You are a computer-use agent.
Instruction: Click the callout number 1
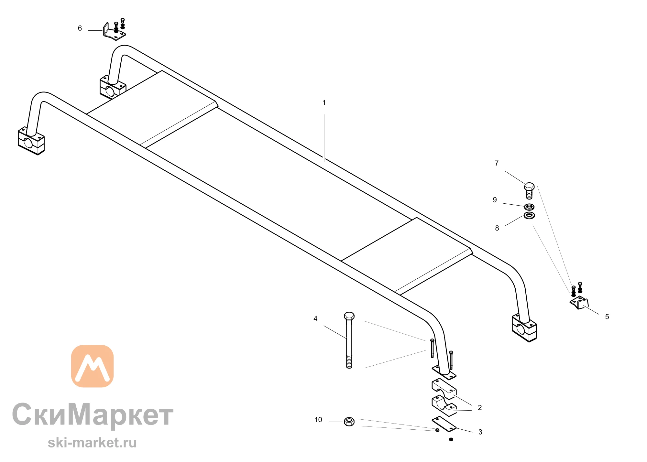324,103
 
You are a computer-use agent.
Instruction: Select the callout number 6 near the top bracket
80,28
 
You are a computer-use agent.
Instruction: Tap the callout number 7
497,163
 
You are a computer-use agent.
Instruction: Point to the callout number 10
318,420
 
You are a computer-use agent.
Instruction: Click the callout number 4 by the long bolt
315,319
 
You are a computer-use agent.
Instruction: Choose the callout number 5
607,317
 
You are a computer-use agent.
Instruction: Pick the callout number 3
480,432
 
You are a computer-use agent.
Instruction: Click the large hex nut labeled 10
349,422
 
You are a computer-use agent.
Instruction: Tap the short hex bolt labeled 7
529,191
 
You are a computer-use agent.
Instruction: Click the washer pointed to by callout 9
529,207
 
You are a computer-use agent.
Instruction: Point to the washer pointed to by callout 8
529,215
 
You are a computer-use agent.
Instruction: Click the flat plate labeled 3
444,424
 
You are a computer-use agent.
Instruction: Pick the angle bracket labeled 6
114,32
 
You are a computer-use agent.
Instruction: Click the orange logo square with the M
93,366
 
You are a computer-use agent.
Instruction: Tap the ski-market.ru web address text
92,443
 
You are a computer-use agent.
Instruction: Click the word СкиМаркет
93,414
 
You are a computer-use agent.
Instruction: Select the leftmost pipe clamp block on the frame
31,141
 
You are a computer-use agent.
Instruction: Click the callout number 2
480,408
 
